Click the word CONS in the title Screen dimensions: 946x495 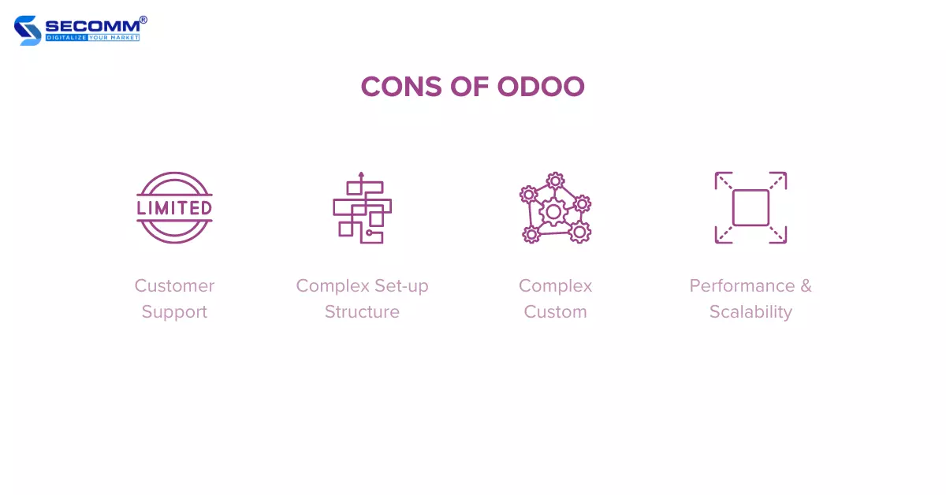tap(401, 87)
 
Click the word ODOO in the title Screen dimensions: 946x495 tap(541, 87)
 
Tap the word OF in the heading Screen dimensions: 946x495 tap(469, 87)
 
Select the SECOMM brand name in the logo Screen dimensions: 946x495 tap(92, 26)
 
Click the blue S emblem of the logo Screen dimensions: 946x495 tap(28, 31)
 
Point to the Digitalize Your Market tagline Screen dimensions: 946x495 tap(92, 38)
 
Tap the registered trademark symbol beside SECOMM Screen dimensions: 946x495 tap(143, 20)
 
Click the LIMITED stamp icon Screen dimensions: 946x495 tap(174, 208)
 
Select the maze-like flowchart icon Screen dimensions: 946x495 tap(363, 208)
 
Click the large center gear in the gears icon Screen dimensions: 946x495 tap(553, 212)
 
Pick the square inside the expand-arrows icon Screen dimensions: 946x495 tap(750, 208)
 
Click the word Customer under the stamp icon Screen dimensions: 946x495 tap(174, 286)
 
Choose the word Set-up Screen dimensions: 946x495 tap(401, 286)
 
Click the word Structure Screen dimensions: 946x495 tap(362, 312)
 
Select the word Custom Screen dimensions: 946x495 tap(555, 312)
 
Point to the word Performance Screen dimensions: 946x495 tap(743, 286)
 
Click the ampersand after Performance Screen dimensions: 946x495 tap(806, 286)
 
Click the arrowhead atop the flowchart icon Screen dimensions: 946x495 tap(361, 174)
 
